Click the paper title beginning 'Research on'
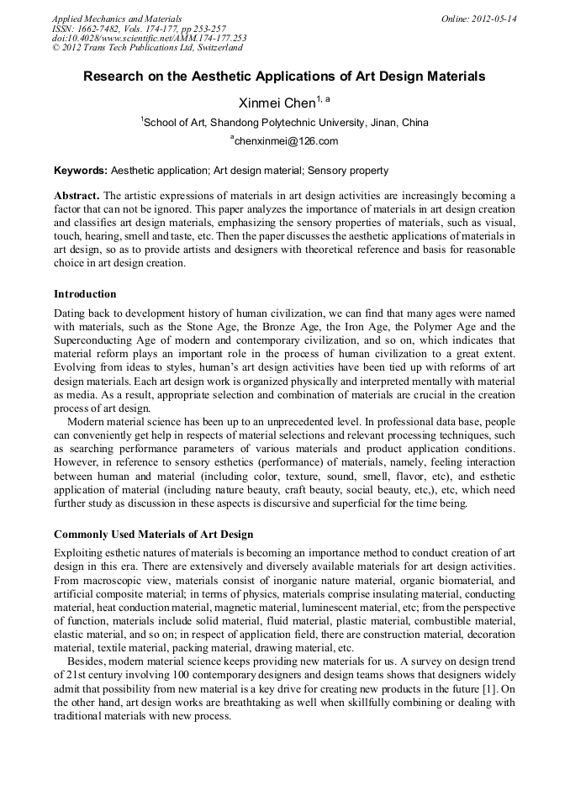284,76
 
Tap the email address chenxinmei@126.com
286,141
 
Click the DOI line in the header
149,39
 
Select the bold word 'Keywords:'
81,171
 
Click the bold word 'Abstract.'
77,196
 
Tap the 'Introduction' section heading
85,294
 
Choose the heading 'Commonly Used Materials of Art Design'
153,535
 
